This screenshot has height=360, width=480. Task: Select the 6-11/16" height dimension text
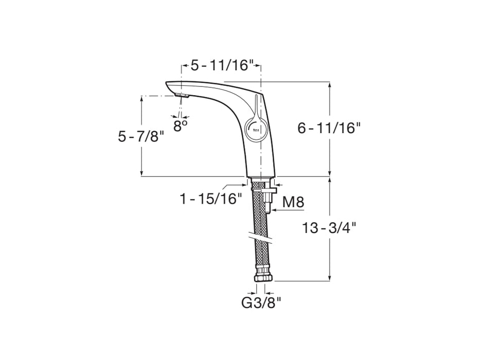pos(329,128)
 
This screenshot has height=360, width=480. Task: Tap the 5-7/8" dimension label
pos(141,136)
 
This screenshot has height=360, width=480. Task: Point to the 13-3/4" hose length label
pos(329,228)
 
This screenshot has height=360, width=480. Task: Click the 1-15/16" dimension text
pos(211,200)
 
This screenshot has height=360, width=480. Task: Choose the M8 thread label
pos(293,202)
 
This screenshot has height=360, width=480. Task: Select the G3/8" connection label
pos(261,303)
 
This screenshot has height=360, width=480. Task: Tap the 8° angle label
pos(180,125)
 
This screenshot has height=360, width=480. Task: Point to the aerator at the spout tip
pos(182,96)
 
